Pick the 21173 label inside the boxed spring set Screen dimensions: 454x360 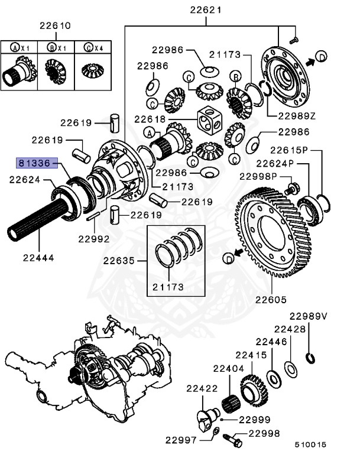click(168, 287)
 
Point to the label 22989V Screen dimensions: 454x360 click(308, 316)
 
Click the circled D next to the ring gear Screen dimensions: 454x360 click(228, 258)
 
